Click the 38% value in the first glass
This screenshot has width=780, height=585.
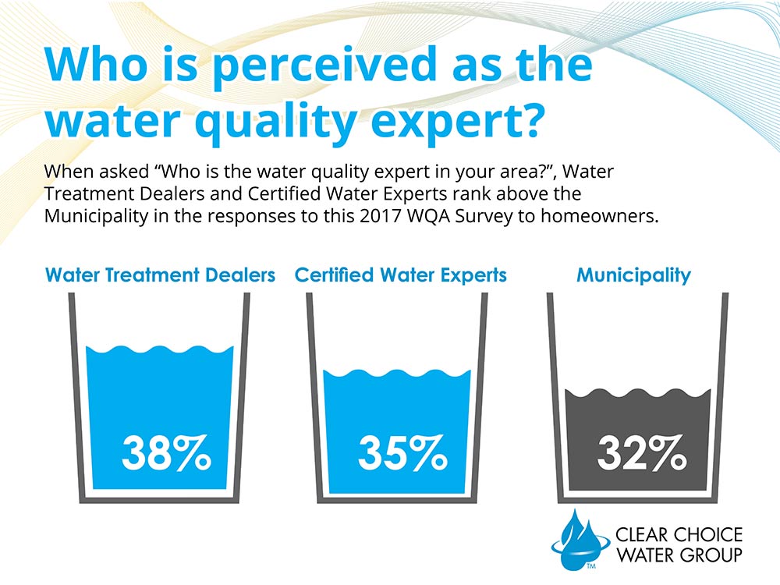pos(166,454)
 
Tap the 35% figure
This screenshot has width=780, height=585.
pos(402,454)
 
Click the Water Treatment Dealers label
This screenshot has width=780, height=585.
pos(161,275)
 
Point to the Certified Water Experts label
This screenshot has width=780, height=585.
pos(401,275)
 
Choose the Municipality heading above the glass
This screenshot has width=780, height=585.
pos(633,275)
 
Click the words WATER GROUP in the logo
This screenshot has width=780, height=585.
pos(679,555)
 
